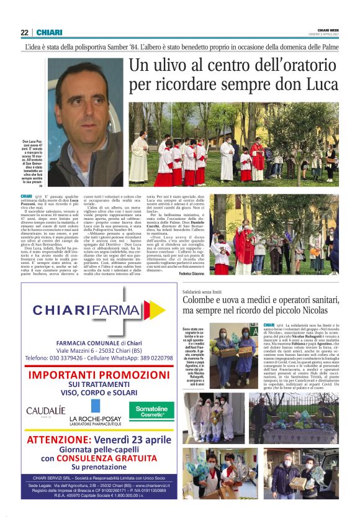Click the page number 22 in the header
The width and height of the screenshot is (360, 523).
(25, 32)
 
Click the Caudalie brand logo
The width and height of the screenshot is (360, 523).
(45, 411)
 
